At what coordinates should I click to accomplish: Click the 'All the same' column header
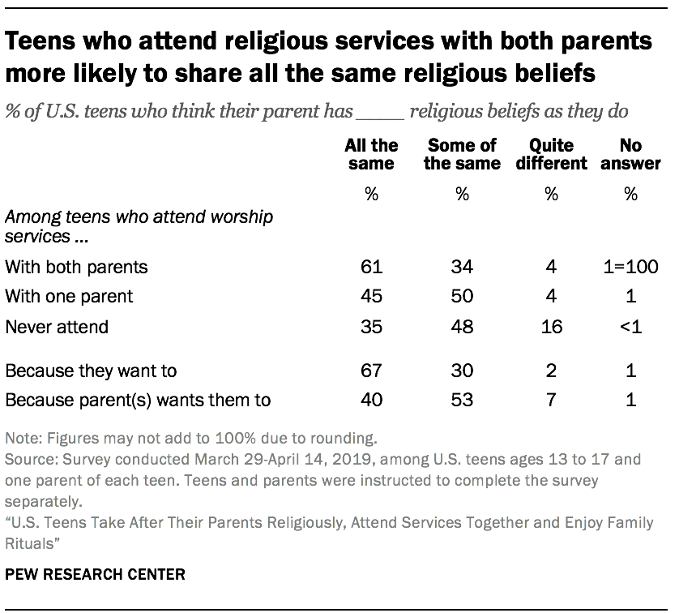371,154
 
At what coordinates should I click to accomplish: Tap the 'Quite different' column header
552,154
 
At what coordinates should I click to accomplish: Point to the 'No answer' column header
630,154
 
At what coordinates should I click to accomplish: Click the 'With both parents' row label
76,267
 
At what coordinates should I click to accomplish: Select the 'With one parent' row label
69,296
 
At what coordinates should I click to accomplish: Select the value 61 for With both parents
371,267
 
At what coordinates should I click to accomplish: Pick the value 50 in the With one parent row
461,296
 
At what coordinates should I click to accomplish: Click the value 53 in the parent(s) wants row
461,399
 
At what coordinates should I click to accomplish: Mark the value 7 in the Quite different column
551,399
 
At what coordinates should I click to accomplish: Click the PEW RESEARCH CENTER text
95,575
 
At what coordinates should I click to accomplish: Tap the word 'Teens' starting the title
45,43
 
